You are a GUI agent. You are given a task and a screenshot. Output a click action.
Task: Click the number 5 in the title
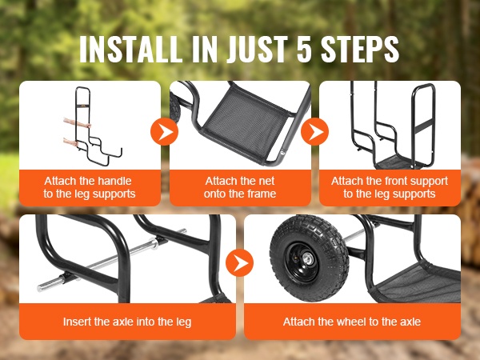pyautogui.click(x=304, y=49)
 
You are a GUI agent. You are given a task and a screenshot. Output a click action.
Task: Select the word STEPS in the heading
pyautogui.click(x=360, y=49)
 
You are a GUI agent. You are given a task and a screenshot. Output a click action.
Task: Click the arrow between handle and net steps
pyautogui.click(x=164, y=132)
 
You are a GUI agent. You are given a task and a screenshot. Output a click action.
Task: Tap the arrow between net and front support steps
pyautogui.click(x=314, y=132)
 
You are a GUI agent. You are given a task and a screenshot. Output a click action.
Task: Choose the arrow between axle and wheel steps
pyautogui.click(x=239, y=262)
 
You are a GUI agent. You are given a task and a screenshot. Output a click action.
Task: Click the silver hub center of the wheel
pyautogui.click(x=307, y=259)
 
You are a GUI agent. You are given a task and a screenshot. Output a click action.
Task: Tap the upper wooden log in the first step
pyautogui.click(x=77, y=123)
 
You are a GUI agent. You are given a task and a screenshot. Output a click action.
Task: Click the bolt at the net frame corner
pyautogui.click(x=282, y=150)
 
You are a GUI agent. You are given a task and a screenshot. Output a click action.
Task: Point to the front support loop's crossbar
pyautogui.click(x=425, y=126)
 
